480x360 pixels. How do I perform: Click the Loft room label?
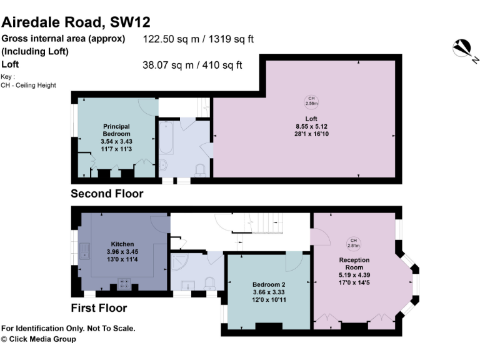(x=311, y=119)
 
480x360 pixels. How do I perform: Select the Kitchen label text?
(x=122, y=244)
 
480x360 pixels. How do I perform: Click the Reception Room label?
(x=354, y=264)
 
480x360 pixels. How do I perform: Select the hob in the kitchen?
(x=124, y=283)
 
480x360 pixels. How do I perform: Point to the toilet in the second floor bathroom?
(x=201, y=170)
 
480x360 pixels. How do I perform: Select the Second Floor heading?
(x=107, y=194)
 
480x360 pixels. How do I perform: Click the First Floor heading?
(x=99, y=308)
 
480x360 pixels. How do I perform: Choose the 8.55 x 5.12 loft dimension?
(x=311, y=127)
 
